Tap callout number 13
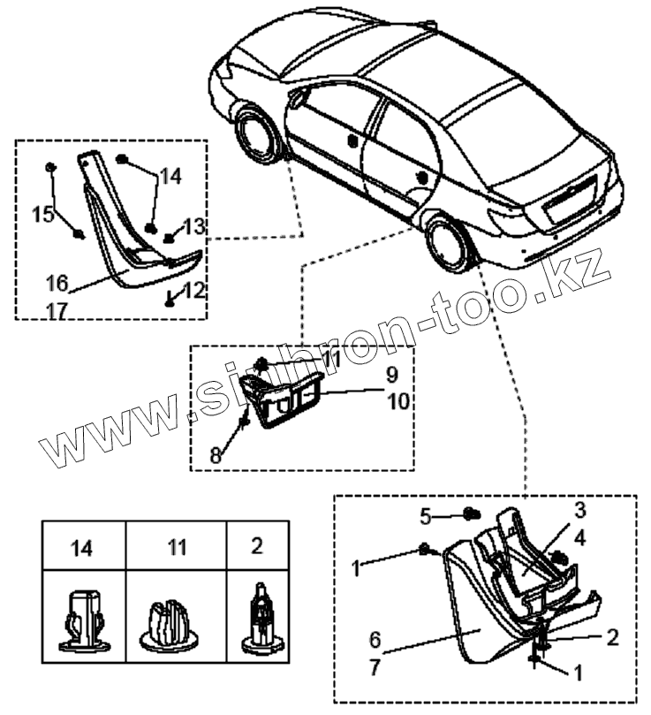pos(193,226)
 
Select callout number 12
pos(193,289)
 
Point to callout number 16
pos(57,284)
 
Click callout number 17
pos(57,310)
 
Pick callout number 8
pos(216,456)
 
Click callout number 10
pos(398,400)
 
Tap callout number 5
pos(425,514)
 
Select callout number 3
pos(579,510)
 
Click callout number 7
pos(375,667)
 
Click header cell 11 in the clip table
pos(178,547)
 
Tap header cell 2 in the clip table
pos(256,545)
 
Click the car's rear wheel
pos(448,244)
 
